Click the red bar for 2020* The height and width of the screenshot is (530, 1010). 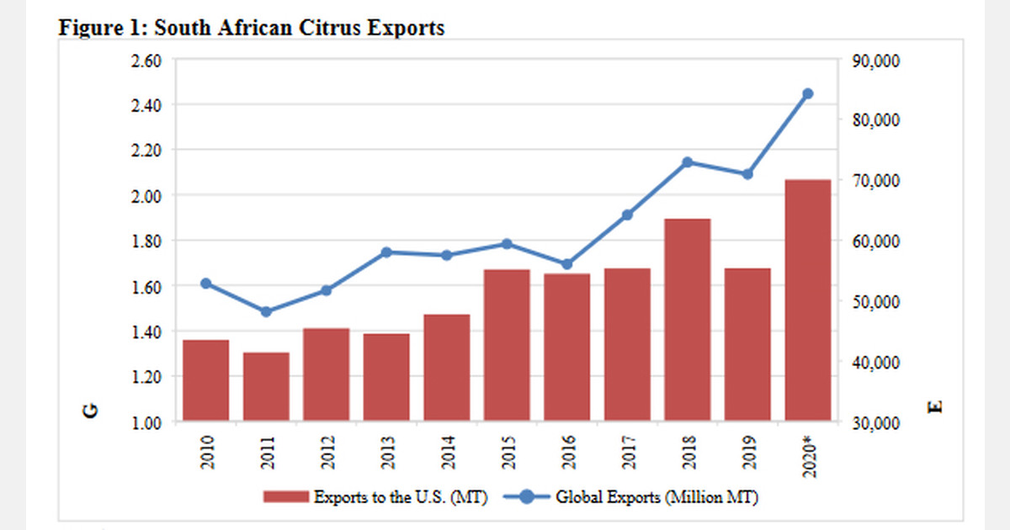808,299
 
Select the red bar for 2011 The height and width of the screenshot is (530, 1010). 266,387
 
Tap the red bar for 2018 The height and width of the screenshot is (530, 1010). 688,320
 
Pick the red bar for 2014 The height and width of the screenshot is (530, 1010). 447,368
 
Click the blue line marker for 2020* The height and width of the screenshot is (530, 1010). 808,93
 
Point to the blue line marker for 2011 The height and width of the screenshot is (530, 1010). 266,311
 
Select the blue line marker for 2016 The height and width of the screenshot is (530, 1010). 567,264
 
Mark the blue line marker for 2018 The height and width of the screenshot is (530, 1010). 688,162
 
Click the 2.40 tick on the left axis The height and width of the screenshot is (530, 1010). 145,105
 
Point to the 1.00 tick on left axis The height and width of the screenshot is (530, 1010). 145,422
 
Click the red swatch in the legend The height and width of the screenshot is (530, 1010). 285,497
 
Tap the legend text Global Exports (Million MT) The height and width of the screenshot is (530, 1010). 657,497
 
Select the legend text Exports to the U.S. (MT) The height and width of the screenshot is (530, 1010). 400,497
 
